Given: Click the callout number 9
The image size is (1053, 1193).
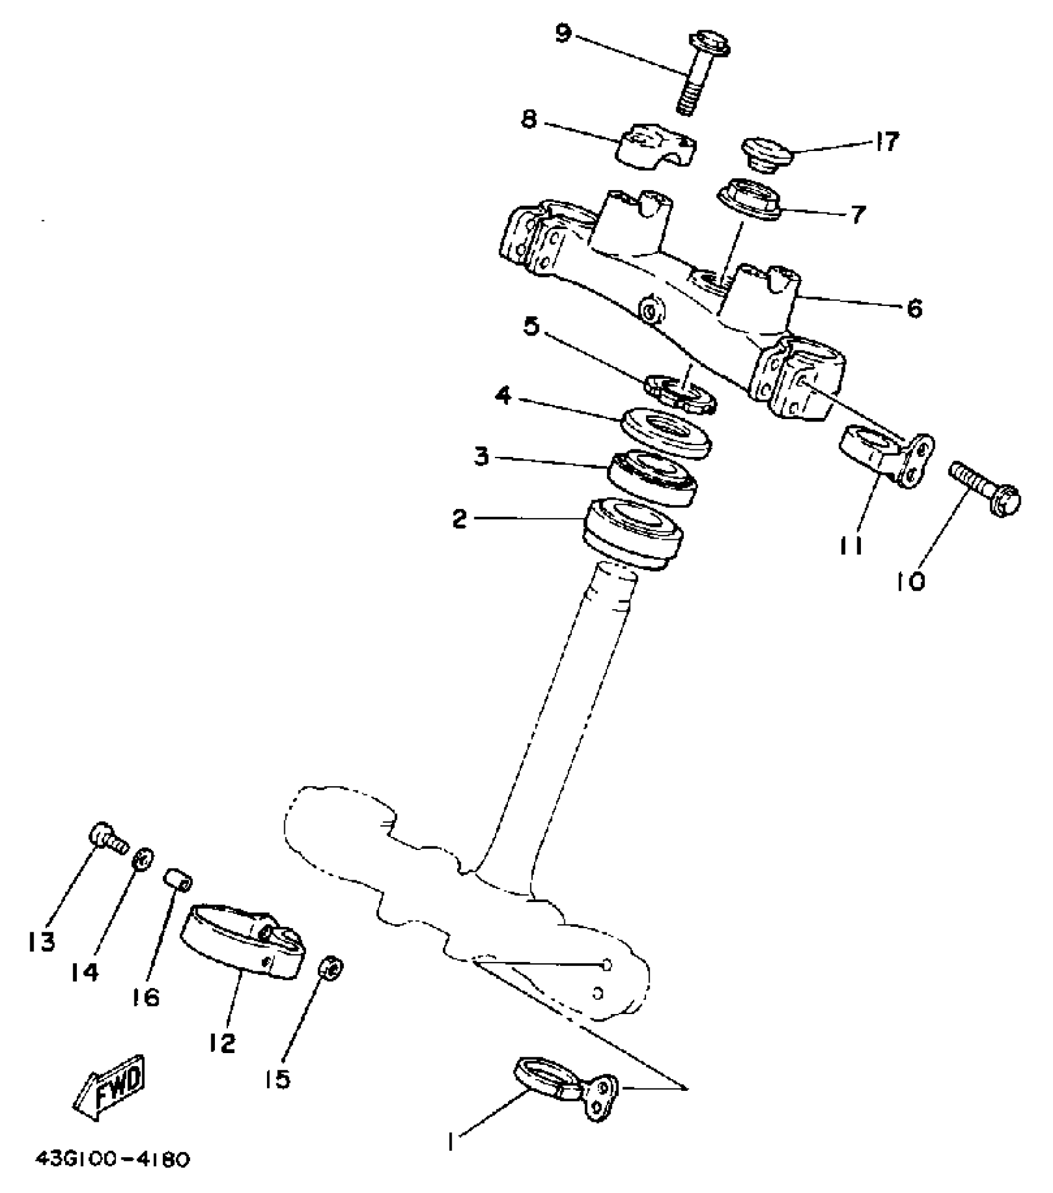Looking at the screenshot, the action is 562,34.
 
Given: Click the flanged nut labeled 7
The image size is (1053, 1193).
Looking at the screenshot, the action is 748,199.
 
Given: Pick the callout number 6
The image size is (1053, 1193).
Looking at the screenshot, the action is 914,308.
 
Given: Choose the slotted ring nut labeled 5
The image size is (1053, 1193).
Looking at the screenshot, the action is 681,391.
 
